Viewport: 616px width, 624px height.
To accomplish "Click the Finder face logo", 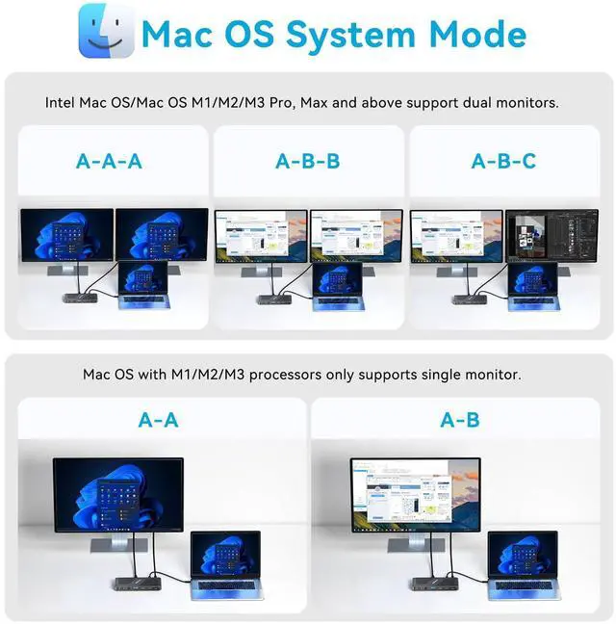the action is [106, 31].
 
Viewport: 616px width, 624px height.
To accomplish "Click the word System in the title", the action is [350, 36].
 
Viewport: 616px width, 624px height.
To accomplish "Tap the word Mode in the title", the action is [478, 34].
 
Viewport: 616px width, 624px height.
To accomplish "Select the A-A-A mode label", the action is [109, 161].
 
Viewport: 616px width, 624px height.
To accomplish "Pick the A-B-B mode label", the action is [308, 161].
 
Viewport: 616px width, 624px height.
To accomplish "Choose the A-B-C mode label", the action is [503, 161].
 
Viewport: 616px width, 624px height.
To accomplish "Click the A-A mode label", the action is [158, 420].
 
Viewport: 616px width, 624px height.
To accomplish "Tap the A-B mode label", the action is [460, 420].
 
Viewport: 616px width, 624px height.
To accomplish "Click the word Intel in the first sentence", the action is [60, 103].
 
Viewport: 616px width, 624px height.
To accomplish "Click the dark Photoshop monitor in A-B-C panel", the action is [552, 236].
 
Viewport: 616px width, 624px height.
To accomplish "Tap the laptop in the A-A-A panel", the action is [144, 285].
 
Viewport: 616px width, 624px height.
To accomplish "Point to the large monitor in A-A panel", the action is [118, 495].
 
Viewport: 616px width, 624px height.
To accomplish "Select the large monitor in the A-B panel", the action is [416, 495].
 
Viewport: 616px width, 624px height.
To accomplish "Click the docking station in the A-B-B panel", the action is [275, 299].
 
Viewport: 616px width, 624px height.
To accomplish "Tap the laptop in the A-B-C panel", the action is [533, 287].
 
